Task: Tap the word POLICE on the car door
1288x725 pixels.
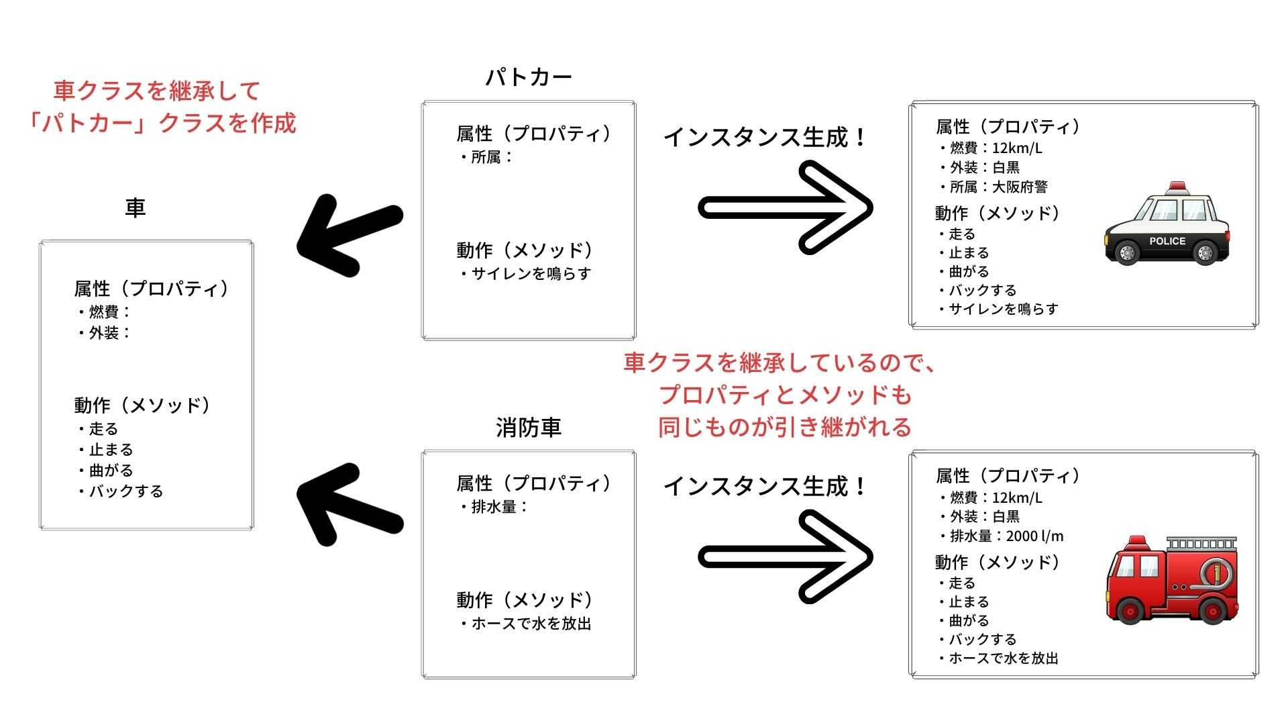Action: click(x=1167, y=241)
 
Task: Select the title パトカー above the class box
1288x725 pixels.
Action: click(x=529, y=78)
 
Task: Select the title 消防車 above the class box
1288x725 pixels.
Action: click(x=529, y=428)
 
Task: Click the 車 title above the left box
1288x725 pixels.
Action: click(x=136, y=208)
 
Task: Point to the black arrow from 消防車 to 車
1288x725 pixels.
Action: click(x=349, y=503)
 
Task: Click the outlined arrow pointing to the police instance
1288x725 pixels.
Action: click(x=785, y=207)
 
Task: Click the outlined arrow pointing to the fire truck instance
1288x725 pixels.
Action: click(x=785, y=557)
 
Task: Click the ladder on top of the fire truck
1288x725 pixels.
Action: click(x=1201, y=543)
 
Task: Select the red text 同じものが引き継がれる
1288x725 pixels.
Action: click(x=785, y=427)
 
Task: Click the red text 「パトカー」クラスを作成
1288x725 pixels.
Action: click(x=161, y=124)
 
